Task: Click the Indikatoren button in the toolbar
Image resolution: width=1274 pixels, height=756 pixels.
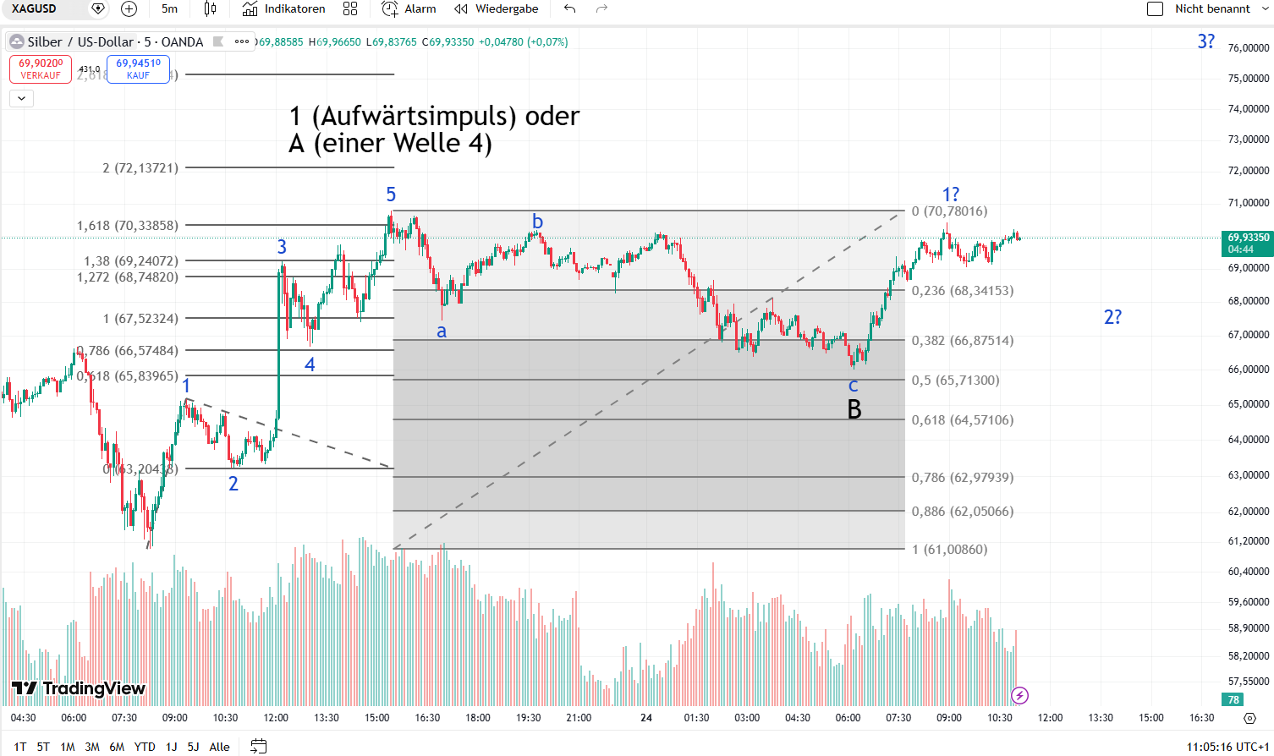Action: tap(284, 9)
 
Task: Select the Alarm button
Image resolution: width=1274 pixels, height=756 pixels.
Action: tap(409, 9)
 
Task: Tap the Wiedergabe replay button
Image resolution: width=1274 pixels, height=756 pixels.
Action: tap(497, 9)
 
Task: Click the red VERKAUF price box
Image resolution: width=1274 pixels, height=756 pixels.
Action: tap(41, 69)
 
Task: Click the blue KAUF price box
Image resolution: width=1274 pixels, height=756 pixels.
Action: tap(138, 69)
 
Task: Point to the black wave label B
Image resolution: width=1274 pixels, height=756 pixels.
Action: tap(854, 410)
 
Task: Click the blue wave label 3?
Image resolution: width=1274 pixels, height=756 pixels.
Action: tap(1206, 41)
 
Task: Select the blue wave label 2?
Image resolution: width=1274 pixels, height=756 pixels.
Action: tap(1112, 317)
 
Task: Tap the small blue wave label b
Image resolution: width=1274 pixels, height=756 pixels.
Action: tap(537, 222)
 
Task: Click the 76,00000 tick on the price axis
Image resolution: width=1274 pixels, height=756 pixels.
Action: tap(1249, 48)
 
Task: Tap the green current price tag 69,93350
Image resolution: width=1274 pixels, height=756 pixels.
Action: tap(1248, 243)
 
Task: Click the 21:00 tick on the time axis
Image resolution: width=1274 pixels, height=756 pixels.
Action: tap(579, 718)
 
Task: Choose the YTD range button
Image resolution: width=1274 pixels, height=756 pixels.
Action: tap(145, 747)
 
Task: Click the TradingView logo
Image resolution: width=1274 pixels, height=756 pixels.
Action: tap(79, 688)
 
